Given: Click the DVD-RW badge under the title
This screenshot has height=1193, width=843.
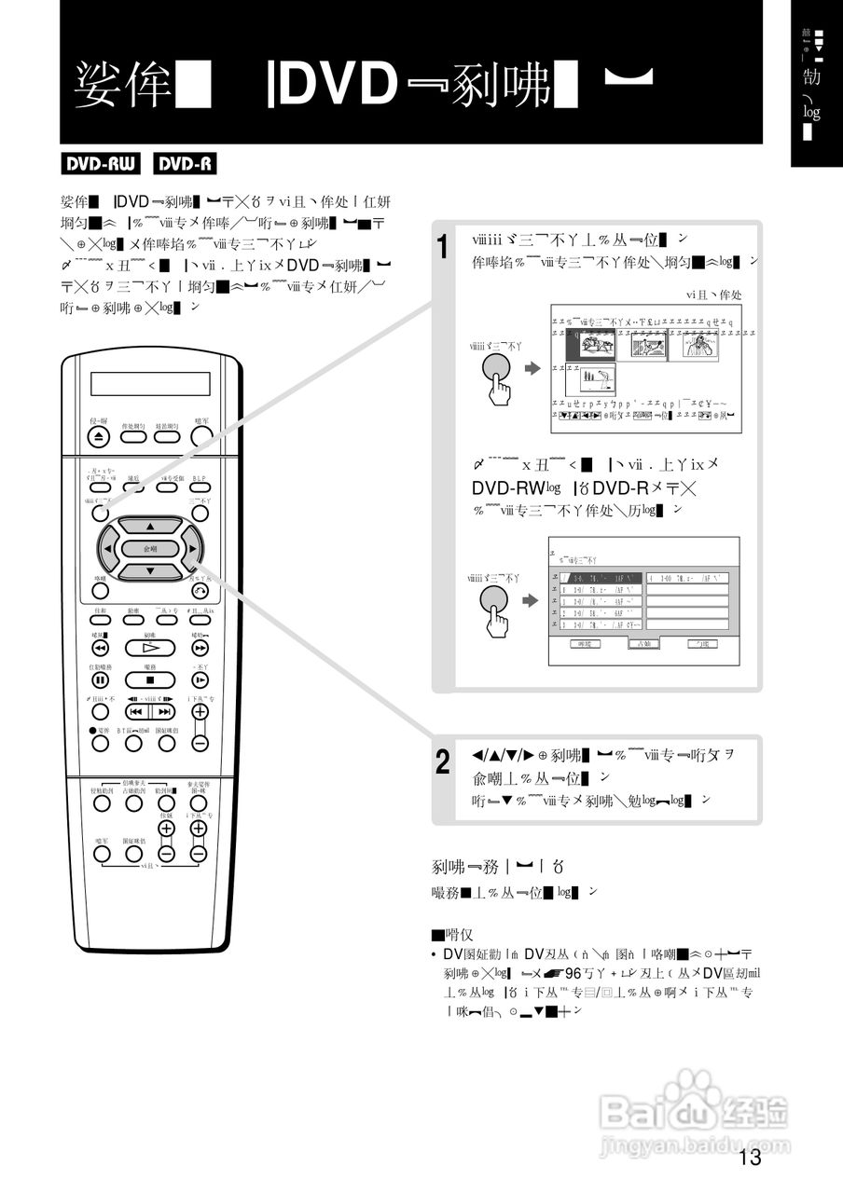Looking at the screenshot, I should point(101,165).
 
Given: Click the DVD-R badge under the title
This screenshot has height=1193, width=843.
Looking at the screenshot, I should point(185,165).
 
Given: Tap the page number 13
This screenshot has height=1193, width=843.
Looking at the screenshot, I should point(749,1158).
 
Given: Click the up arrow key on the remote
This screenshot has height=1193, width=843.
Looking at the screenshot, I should point(149,527).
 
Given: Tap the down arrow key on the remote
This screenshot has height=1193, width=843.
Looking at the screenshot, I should point(149,570).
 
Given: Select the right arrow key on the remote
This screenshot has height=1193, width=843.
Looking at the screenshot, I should point(191,549).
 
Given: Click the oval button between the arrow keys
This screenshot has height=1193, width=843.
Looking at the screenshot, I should point(150,549).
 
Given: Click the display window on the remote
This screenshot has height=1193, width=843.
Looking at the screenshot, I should point(150,384).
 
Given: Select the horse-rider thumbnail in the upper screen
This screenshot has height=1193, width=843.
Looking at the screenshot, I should point(591,347).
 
